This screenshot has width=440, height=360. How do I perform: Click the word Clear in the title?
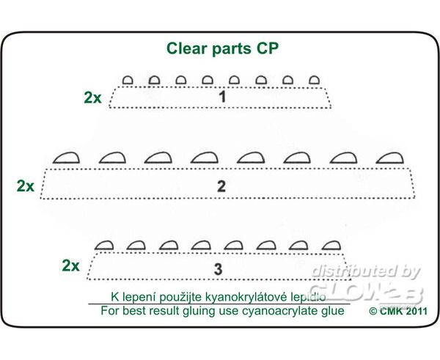click(186, 48)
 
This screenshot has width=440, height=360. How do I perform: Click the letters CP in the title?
click(268, 48)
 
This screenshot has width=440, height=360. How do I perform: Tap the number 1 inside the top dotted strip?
click(222, 97)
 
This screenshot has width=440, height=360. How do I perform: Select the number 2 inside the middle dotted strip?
click(221, 186)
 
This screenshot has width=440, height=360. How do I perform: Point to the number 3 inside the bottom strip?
click(218, 269)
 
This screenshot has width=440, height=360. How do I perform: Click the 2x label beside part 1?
click(92, 98)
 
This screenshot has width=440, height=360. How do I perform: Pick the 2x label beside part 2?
click(25, 185)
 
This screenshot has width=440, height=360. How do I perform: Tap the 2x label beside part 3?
click(70, 265)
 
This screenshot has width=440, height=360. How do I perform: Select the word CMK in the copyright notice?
click(391, 311)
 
